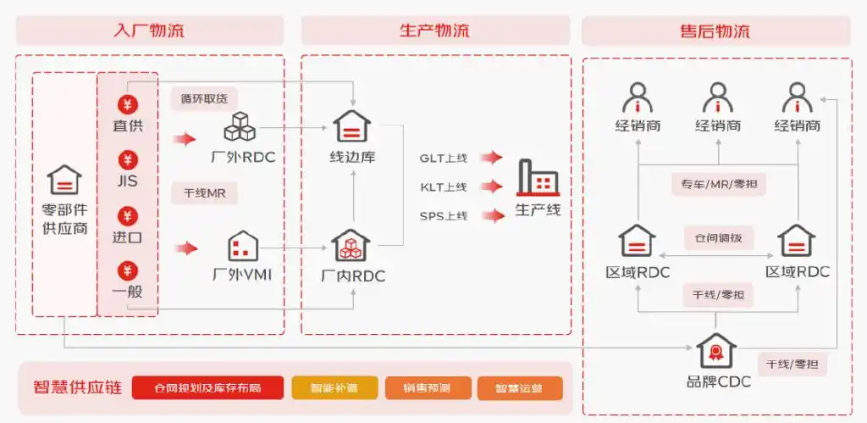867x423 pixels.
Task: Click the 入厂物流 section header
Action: [149, 31]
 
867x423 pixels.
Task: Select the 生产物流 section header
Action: [435, 31]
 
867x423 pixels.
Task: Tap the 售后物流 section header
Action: [715, 31]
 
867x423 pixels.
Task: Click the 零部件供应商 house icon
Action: [64, 180]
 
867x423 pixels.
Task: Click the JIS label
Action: [127, 181]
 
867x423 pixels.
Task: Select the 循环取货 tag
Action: [204, 98]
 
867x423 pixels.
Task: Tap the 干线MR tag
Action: [204, 193]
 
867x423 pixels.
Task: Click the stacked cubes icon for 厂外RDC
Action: [240, 127]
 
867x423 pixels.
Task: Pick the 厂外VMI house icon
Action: [243, 247]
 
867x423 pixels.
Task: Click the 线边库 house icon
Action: [351, 127]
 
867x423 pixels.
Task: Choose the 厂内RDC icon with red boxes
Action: [351, 246]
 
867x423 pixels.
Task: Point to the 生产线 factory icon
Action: [538, 179]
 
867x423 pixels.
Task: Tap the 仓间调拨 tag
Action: [718, 238]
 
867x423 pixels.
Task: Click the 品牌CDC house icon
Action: [717, 351]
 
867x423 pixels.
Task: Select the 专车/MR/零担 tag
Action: [718, 184]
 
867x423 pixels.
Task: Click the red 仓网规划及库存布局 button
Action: [207, 388]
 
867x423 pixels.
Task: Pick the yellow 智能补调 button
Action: [334, 388]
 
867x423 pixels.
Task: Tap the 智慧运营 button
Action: [520, 388]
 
